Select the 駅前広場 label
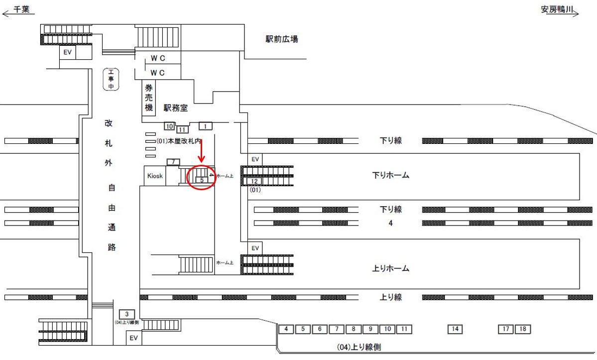tap(282, 39)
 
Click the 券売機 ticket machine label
tap(149, 97)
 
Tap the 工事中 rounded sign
tap(111, 80)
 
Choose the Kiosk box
tap(154, 176)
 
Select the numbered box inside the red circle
tap(202, 180)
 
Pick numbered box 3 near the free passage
tap(127, 314)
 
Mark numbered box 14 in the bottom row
tap(455, 329)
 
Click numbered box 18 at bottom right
tap(522, 329)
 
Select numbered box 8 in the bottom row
tap(353, 329)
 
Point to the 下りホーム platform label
tap(390, 175)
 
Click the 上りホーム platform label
tap(390, 268)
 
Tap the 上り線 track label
tap(390, 297)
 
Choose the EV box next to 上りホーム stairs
tap(255, 248)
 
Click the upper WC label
tap(158, 58)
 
